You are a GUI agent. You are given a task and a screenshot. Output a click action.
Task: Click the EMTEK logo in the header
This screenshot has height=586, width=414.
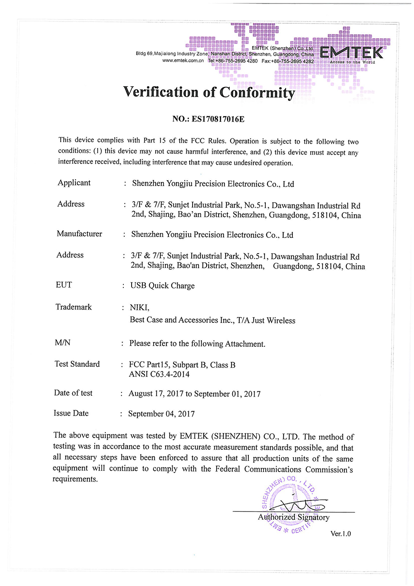[x=351, y=53]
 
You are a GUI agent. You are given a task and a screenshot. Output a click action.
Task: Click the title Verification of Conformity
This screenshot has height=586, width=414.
[x=209, y=92]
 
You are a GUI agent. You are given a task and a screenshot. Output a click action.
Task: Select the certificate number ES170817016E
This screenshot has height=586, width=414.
[x=218, y=119]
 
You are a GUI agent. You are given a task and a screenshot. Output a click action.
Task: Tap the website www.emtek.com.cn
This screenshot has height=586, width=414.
[x=183, y=61]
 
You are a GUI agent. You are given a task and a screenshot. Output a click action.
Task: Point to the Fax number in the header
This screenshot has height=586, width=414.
[x=288, y=61]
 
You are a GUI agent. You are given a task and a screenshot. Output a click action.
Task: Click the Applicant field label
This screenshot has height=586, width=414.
[x=74, y=183]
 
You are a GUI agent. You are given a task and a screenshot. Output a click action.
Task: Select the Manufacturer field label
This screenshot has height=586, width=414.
[x=79, y=234]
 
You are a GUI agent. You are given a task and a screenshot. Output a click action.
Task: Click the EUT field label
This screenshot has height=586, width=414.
[x=64, y=285]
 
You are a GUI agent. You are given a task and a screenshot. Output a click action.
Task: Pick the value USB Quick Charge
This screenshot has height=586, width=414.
[x=162, y=286]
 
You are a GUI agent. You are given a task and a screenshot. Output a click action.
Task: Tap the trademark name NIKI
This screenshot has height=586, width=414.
[x=139, y=307]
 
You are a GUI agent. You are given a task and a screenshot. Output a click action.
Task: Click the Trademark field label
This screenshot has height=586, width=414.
[x=74, y=307]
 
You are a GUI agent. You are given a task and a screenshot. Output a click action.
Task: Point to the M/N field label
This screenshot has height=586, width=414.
[x=63, y=343]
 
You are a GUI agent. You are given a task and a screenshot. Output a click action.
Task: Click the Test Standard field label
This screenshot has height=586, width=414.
[x=77, y=364]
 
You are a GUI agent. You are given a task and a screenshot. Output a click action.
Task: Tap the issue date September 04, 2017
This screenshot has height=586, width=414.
[x=161, y=414]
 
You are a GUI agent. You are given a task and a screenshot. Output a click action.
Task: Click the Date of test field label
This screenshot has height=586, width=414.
[x=73, y=393]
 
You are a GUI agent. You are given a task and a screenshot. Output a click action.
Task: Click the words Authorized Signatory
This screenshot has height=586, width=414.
[x=294, y=517]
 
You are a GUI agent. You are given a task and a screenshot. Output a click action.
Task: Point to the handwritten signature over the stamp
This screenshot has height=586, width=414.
[x=302, y=505]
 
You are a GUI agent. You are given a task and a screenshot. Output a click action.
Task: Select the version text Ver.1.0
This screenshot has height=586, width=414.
[x=340, y=534]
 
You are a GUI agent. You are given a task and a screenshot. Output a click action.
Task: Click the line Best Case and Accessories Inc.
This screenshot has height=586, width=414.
[x=212, y=320]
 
